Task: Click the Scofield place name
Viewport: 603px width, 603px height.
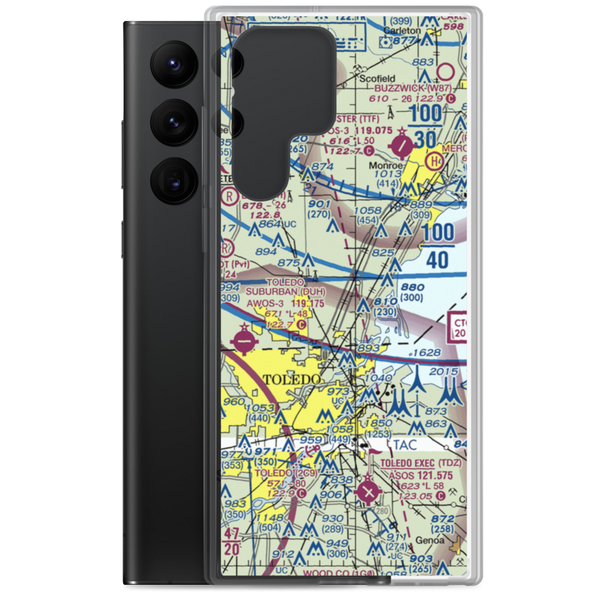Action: [x=377, y=78]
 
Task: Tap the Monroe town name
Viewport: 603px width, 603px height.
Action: [x=385, y=163]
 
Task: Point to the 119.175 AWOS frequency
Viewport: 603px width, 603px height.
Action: [x=308, y=305]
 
